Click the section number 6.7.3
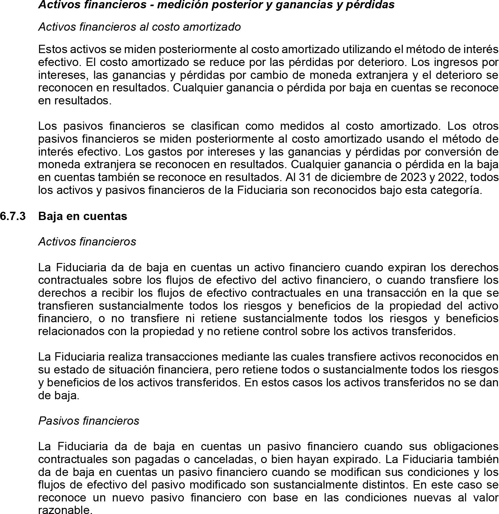pyautogui.click(x=13, y=216)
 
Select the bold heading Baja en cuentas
pyautogui.click(x=83, y=216)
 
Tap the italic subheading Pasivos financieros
pyautogui.click(x=88, y=420)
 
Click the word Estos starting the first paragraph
pyautogui.click(x=53, y=49)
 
